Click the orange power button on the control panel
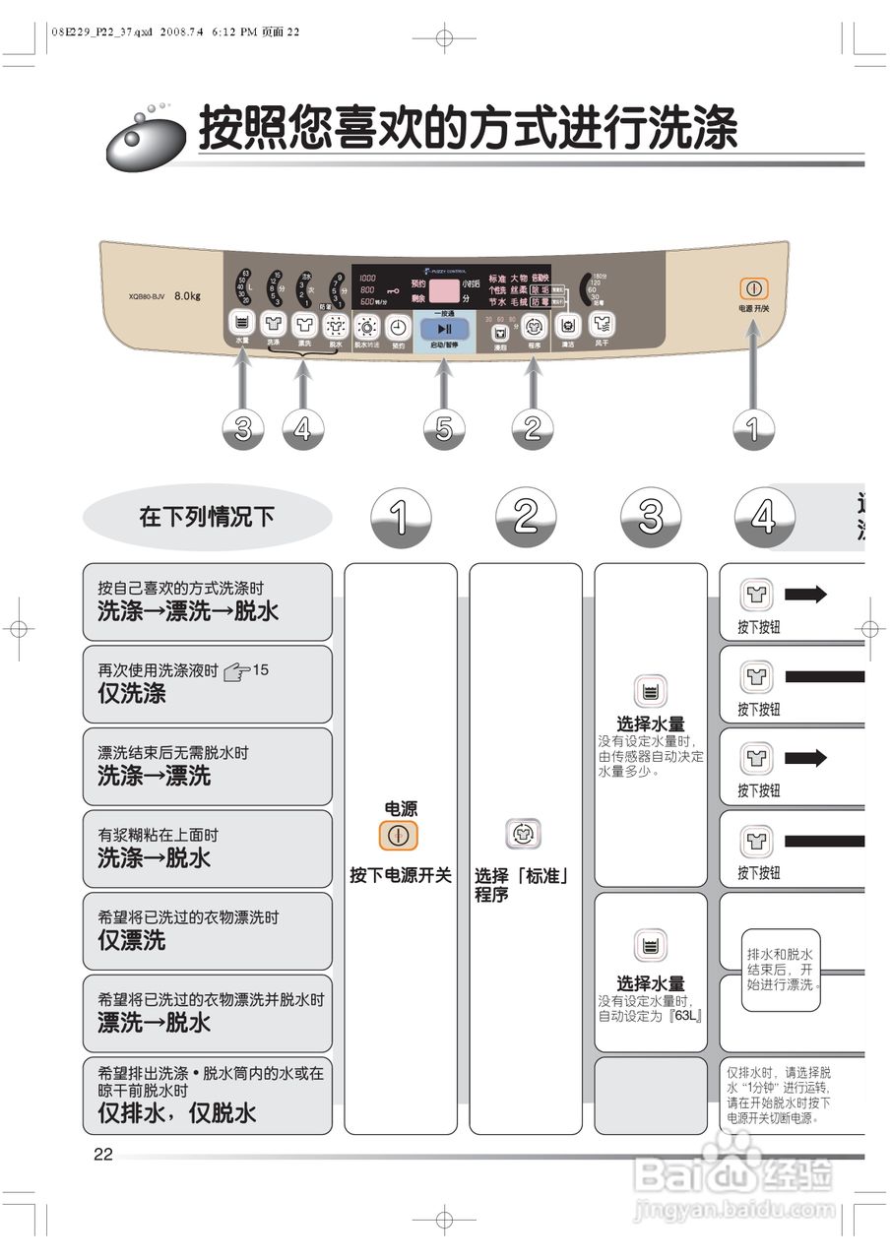(753, 289)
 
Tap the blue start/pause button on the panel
(444, 329)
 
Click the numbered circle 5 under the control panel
(444, 429)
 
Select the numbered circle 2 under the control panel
(533, 429)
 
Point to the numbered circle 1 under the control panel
(754, 429)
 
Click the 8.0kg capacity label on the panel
(187, 295)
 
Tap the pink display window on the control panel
(446, 290)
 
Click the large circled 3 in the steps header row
(651, 517)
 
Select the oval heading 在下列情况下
(208, 517)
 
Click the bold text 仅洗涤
(132, 693)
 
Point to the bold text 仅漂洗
(132, 940)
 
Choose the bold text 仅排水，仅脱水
(177, 1113)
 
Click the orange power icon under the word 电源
(399, 836)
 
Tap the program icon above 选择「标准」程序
(523, 834)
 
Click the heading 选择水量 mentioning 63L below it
(651, 983)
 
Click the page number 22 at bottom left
(103, 1155)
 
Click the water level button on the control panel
(241, 323)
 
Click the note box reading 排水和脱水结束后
(781, 970)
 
